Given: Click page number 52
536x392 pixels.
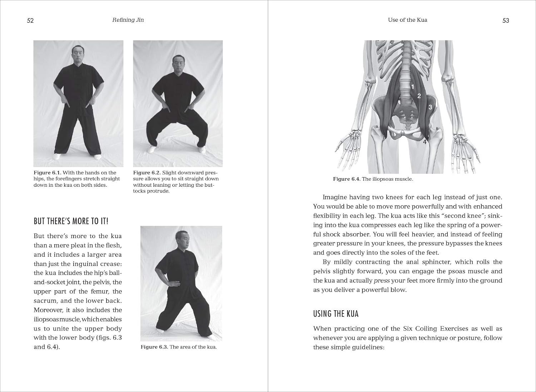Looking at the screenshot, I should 30,20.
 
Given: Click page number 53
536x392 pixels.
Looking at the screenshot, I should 506,20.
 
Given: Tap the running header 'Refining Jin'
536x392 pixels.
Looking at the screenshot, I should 128,20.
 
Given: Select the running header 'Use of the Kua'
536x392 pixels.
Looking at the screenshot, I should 407,20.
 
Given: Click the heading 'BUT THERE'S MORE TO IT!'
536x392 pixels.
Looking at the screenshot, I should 71,221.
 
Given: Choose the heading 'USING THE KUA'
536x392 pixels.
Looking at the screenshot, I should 336,314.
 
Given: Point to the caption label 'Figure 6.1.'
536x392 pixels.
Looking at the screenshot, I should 47,173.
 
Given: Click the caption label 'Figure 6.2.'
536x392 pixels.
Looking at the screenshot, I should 147,173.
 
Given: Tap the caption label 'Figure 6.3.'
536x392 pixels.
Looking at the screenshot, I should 154,347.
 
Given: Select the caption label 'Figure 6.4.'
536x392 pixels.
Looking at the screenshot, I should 346,179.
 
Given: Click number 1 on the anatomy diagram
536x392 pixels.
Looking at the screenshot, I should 412,87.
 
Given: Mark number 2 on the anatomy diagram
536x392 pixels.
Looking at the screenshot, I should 419,96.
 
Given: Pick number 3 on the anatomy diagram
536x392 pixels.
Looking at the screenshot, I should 430,107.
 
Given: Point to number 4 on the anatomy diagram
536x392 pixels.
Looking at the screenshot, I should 425,142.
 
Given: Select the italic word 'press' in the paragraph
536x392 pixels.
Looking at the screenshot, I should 381,281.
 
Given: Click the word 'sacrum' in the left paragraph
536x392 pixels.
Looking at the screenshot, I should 45,301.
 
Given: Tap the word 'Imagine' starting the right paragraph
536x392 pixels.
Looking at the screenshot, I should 334,197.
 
